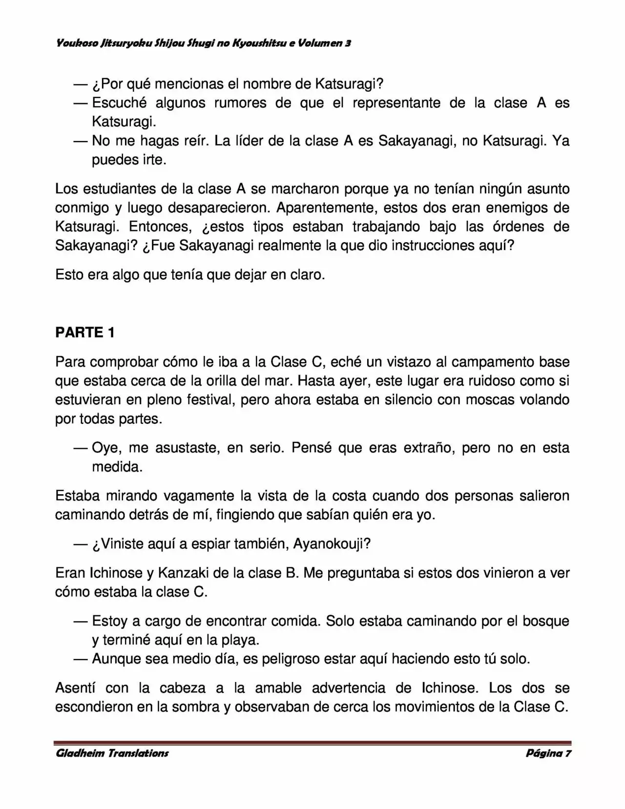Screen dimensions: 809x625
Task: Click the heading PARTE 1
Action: click(x=85, y=332)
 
